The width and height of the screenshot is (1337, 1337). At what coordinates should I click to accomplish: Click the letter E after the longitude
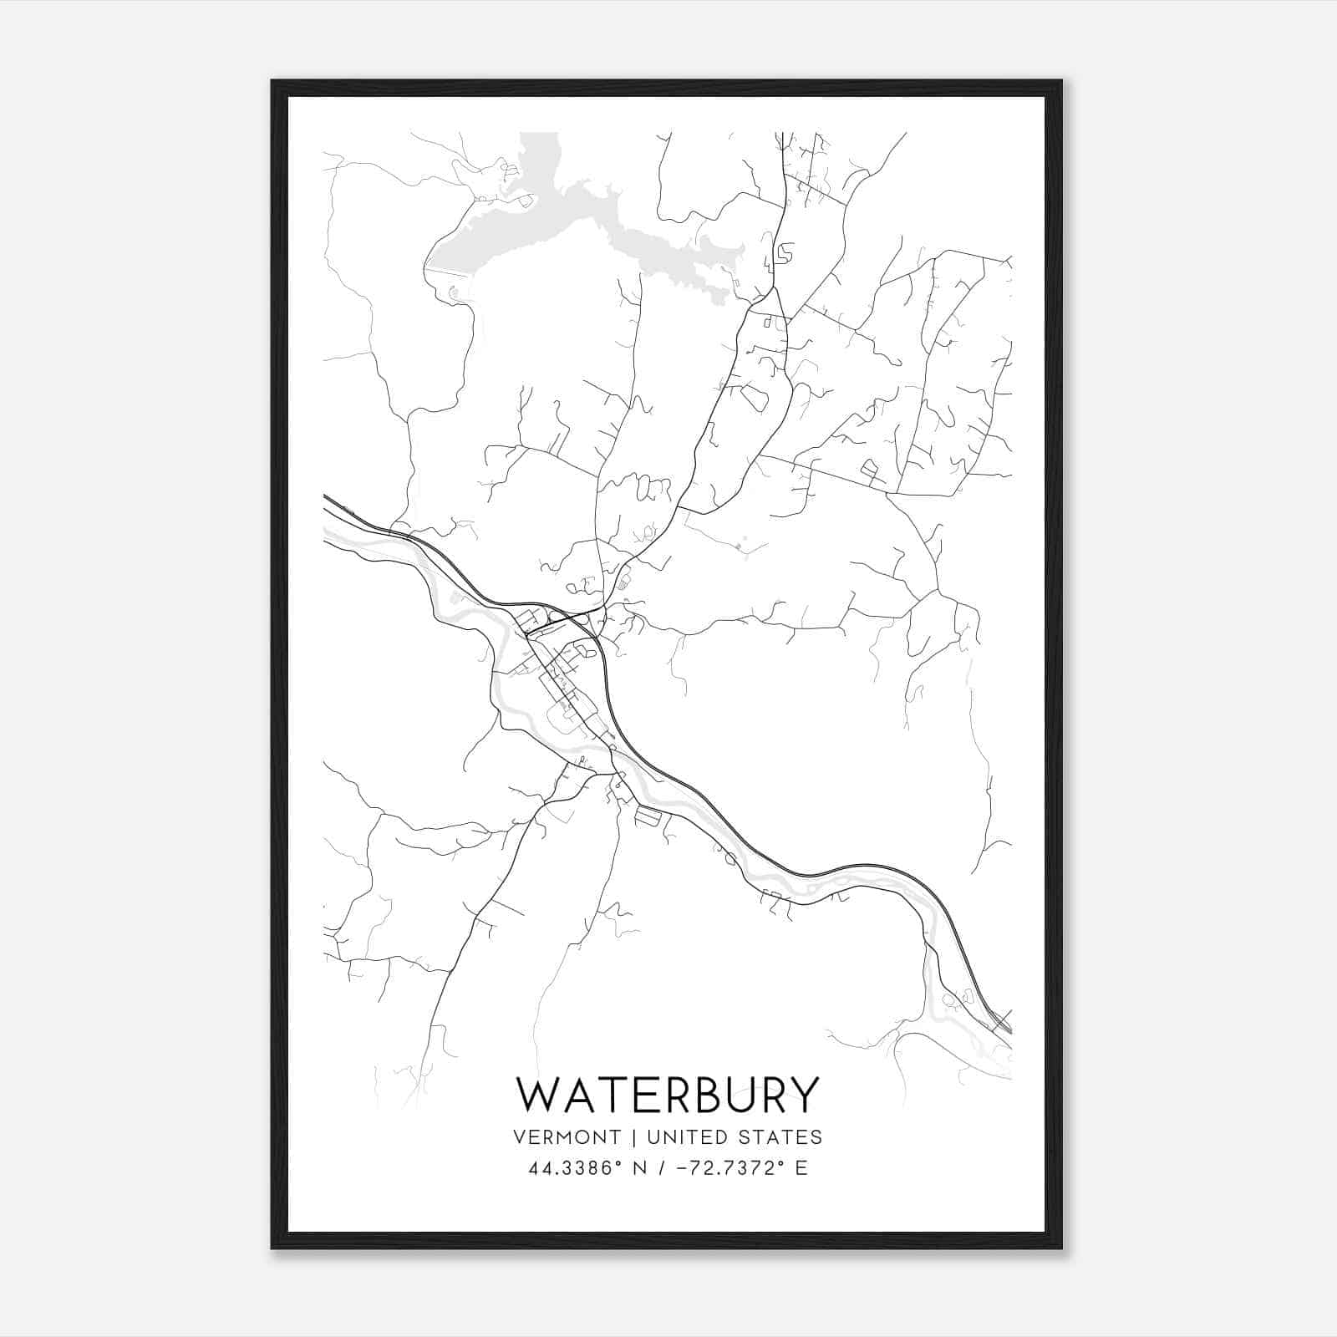point(801,1168)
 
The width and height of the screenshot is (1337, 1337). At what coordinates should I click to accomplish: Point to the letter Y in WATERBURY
point(803,1095)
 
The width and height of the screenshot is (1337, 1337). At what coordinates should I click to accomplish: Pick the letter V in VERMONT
point(521,1137)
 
